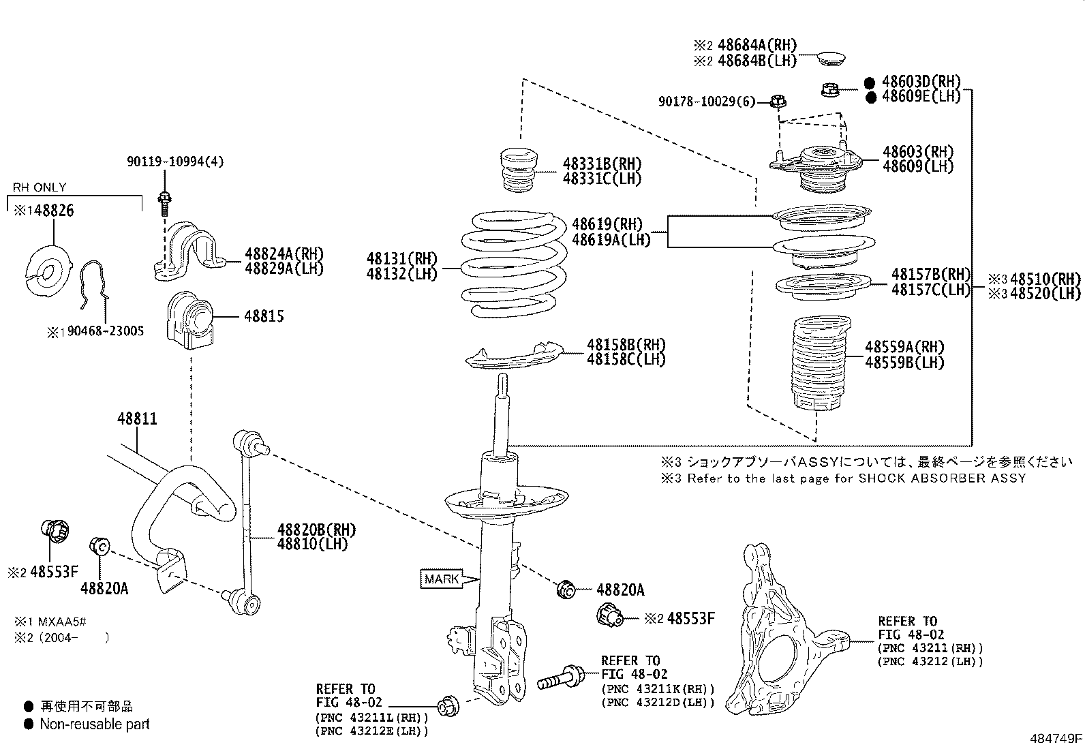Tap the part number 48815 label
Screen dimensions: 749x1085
[264, 316]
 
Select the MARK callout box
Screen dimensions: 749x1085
[442, 579]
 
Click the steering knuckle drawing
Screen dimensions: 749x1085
[784, 634]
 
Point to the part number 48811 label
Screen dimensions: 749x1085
[137, 418]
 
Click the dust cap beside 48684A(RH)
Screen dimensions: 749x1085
[830, 57]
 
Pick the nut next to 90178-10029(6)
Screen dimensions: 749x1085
[778, 102]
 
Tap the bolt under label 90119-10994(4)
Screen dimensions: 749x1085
[164, 202]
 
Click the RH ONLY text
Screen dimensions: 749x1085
[40, 187]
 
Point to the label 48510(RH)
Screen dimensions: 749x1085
[1045, 279]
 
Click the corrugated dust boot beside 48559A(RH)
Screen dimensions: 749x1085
[818, 365]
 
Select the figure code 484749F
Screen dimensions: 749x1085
[1056, 738]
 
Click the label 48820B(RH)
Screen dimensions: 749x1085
[316, 530]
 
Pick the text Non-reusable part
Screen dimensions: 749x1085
[95, 724]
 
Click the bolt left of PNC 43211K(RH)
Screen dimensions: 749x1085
[560, 678]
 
